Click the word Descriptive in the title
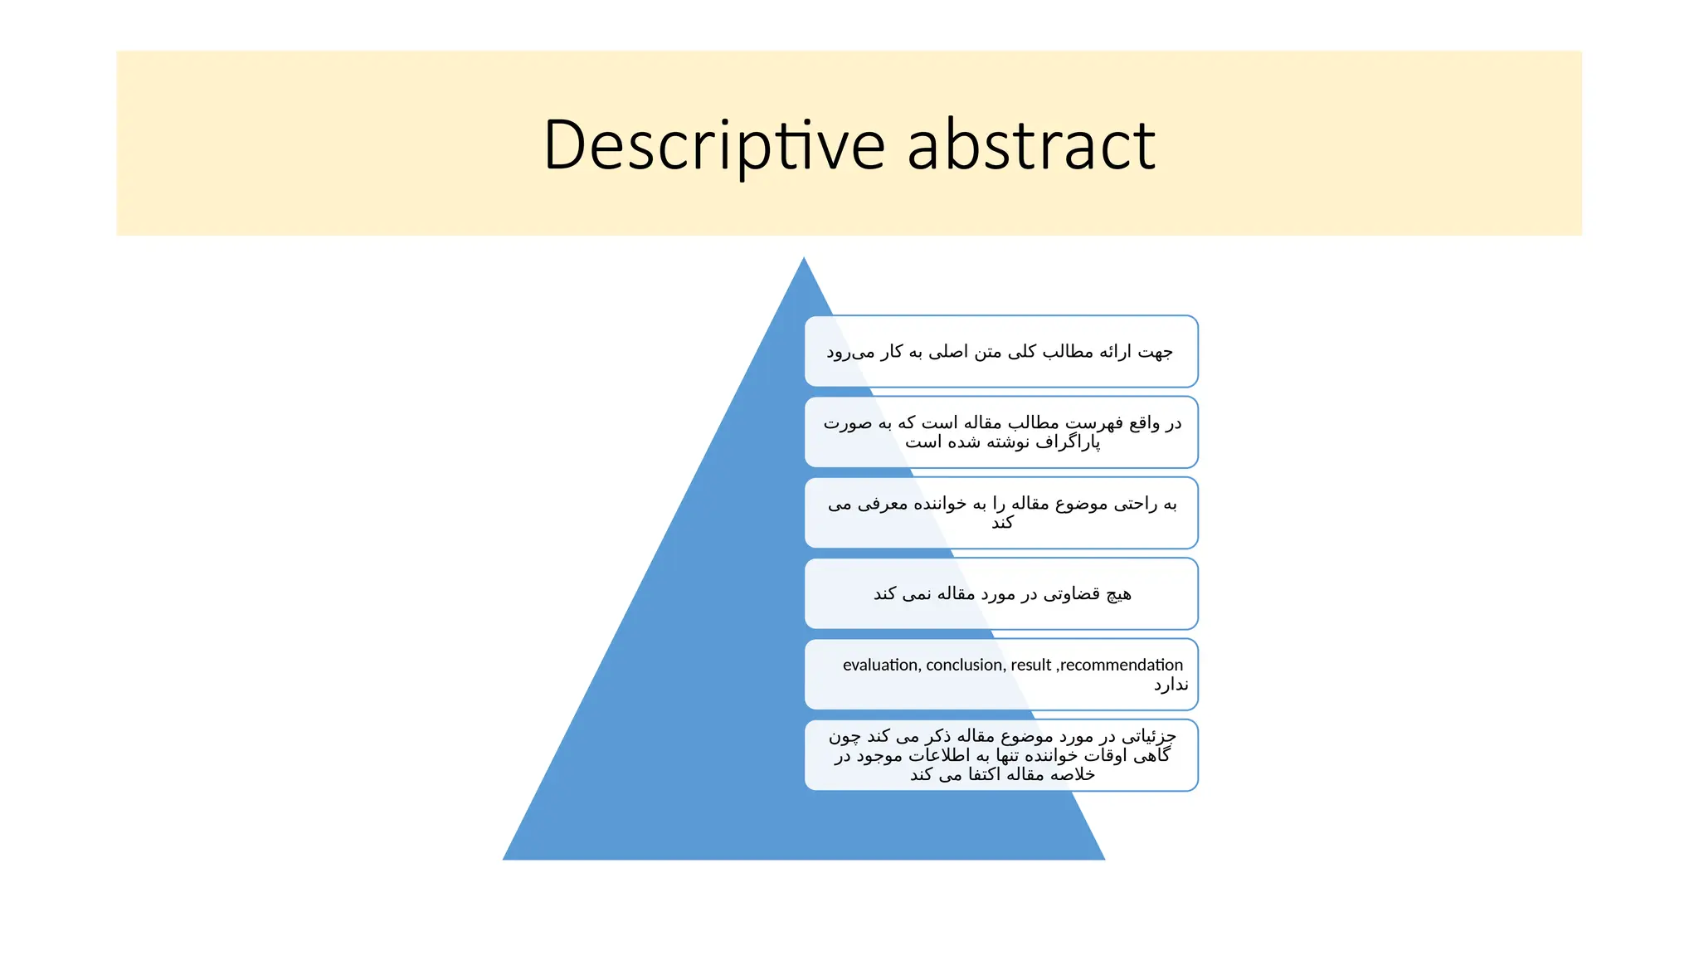click(714, 145)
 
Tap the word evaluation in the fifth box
click(880, 665)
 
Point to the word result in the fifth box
click(1030, 665)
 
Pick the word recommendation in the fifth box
click(1122, 665)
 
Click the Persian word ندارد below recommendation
click(1171, 685)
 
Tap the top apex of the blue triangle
click(803, 260)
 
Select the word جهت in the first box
click(1156, 352)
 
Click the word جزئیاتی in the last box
click(1149, 736)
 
